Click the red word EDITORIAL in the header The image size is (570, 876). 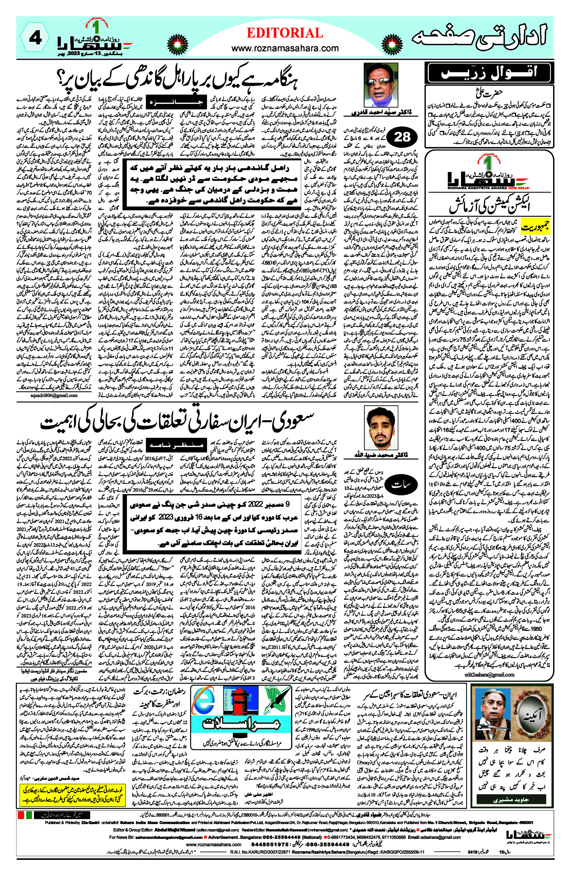[285, 33]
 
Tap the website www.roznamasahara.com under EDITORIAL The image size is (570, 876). [285, 48]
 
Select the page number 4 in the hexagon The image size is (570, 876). [35, 38]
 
